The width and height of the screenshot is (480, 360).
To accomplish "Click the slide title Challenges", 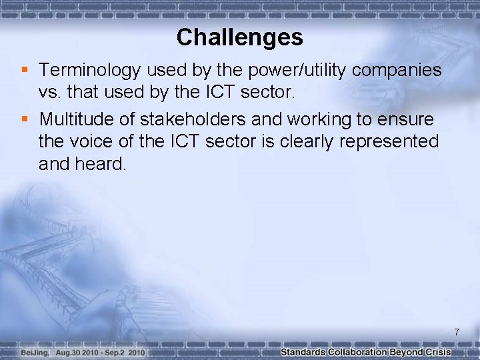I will point(240,37).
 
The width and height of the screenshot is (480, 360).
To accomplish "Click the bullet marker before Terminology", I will point(25,69).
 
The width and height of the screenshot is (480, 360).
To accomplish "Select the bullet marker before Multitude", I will point(25,119).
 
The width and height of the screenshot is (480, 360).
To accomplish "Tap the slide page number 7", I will point(457,332).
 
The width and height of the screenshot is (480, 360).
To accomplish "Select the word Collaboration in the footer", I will point(361,352).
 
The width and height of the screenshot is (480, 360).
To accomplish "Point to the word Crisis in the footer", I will point(439,352).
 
